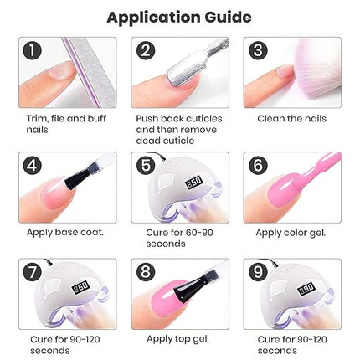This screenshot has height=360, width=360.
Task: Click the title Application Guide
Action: (181, 16)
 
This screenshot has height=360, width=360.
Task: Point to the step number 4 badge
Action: (33, 166)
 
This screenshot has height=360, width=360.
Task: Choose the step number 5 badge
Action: (147, 166)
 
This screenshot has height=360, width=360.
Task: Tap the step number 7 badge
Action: (33, 274)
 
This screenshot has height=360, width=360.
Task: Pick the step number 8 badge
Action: (147, 274)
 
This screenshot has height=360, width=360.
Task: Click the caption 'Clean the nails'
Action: (291, 119)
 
